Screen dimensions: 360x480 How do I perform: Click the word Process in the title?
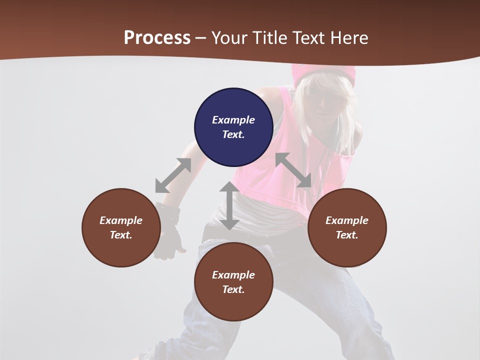pyautogui.click(x=157, y=38)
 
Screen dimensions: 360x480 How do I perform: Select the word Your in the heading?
pyautogui.click(x=229, y=38)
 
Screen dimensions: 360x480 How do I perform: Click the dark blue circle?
pyautogui.click(x=233, y=127)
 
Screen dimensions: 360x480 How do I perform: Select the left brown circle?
pyautogui.click(x=121, y=227)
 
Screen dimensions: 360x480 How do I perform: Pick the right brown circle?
pyautogui.click(x=347, y=227)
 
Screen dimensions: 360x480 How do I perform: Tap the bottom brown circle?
pyautogui.click(x=233, y=282)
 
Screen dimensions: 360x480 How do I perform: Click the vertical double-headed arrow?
pyautogui.click(x=229, y=205)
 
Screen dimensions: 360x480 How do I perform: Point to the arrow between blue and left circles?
pyautogui.click(x=173, y=175)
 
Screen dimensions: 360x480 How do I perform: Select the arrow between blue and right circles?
pyautogui.click(x=293, y=170)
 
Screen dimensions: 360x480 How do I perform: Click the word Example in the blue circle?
pyautogui.click(x=233, y=120)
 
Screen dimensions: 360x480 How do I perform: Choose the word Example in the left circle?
pyautogui.click(x=121, y=220)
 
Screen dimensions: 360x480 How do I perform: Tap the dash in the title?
pyautogui.click(x=201, y=38)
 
